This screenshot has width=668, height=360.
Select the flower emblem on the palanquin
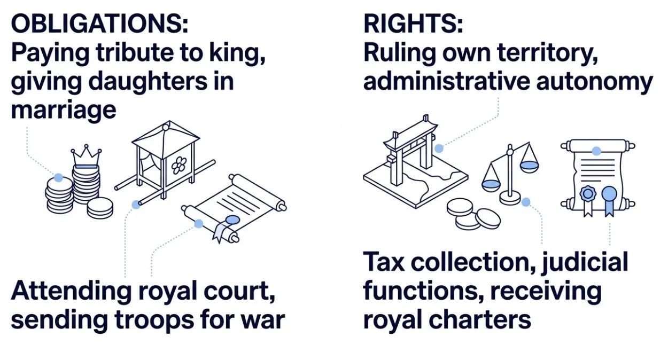(x=179, y=165)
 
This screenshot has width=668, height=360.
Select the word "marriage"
(x=63, y=111)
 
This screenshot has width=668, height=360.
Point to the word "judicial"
(x=586, y=262)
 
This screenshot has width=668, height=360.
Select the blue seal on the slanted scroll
(x=232, y=219)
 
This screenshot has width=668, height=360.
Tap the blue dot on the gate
(x=439, y=148)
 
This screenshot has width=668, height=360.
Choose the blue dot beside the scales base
(x=526, y=202)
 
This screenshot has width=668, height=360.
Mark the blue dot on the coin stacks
(x=58, y=178)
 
